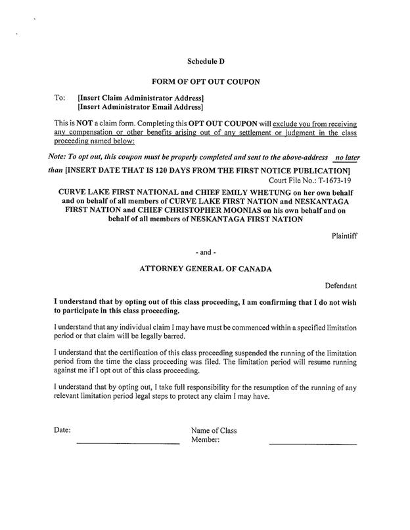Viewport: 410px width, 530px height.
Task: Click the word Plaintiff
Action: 340,235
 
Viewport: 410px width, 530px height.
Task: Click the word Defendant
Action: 340,286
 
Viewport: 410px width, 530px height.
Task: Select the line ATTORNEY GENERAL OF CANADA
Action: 206,269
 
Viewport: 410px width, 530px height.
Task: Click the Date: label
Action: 62,431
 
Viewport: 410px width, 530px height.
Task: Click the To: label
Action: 58,97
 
